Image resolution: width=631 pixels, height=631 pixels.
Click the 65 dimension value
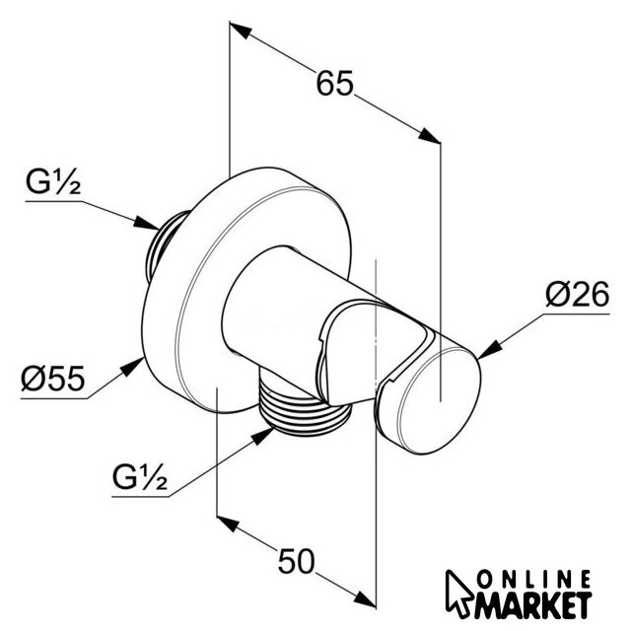coord(335,85)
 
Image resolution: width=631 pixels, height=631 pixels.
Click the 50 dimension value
coord(296,562)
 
